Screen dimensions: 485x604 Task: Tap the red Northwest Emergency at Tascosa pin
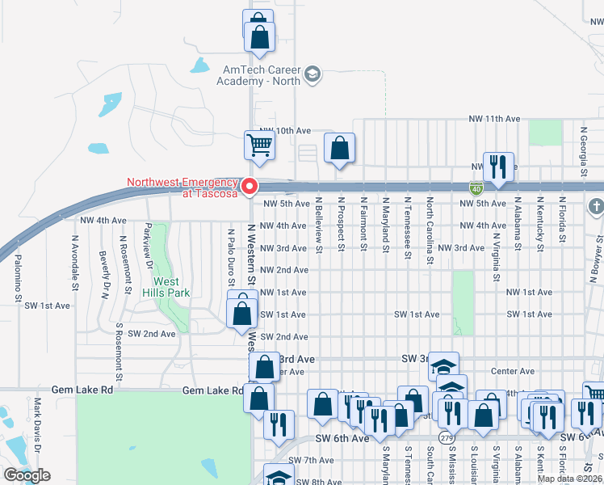[x=250, y=187]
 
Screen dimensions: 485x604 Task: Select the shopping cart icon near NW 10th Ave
[x=260, y=145]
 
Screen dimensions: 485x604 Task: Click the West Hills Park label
[x=167, y=287]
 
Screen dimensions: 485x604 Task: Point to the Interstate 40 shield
[x=478, y=188]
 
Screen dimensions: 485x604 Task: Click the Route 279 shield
[x=445, y=437]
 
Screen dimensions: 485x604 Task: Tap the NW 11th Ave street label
[x=495, y=119]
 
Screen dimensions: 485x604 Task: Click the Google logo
[x=27, y=475]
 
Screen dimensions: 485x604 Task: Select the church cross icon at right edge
[x=597, y=206]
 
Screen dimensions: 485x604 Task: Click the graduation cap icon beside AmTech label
[x=312, y=77]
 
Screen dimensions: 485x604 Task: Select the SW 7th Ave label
[x=304, y=460]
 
